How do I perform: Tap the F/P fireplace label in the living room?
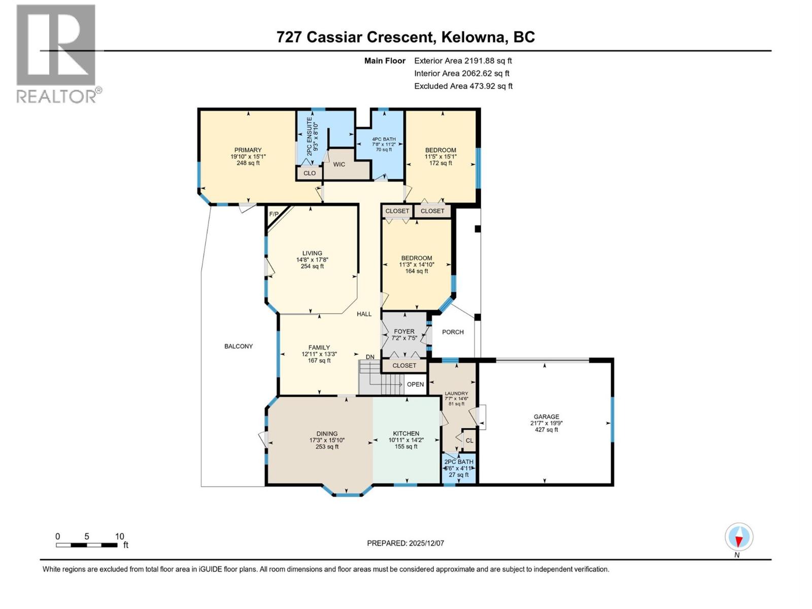[274, 214]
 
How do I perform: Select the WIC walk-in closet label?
[339, 164]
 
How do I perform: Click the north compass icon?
[739, 537]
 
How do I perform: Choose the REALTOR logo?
[57, 53]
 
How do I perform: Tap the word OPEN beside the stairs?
[415, 384]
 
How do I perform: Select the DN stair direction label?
[370, 357]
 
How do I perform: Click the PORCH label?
[453, 332]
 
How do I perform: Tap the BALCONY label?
[239, 346]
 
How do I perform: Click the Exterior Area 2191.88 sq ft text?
[463, 60]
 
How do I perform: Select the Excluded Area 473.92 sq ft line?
[463, 86]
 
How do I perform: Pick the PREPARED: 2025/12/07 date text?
[405, 543]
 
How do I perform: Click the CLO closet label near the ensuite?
[310, 173]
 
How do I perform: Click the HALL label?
[364, 314]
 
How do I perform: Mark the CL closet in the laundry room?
[469, 441]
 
